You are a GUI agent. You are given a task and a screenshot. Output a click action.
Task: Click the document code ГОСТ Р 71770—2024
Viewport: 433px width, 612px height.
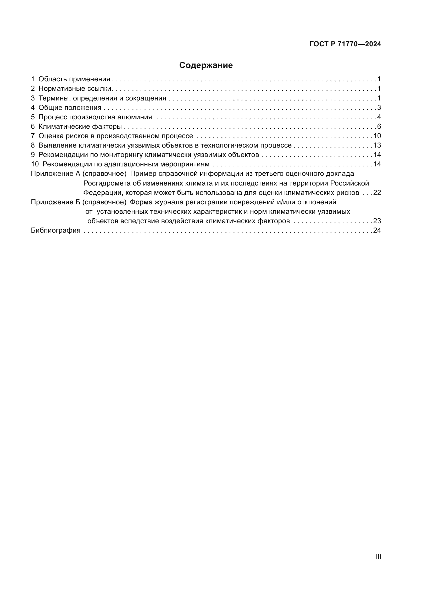(345, 44)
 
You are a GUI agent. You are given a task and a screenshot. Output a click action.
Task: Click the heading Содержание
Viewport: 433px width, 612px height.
(206, 65)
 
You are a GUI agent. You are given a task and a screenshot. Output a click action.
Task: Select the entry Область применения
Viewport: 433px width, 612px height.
(74, 79)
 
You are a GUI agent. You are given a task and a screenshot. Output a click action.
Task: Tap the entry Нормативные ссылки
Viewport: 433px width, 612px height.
(75, 88)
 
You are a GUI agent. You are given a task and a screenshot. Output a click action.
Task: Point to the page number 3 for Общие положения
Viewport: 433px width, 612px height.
(379, 108)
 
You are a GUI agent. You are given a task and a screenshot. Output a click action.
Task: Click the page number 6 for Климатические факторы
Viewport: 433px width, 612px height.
(379, 126)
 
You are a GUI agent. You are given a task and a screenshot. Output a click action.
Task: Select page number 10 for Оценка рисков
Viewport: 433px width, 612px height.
(377, 136)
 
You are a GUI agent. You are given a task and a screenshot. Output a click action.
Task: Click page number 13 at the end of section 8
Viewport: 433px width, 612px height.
(377, 145)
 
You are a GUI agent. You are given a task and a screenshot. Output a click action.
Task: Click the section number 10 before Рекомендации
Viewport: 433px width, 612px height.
(35, 164)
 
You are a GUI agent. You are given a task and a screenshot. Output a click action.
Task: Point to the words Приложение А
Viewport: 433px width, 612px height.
(55, 174)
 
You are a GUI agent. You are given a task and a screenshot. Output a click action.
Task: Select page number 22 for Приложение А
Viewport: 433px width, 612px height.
(377, 193)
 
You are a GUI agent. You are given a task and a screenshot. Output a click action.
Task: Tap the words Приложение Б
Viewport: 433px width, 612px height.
(55, 202)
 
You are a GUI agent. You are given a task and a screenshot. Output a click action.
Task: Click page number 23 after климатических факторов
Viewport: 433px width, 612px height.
(377, 221)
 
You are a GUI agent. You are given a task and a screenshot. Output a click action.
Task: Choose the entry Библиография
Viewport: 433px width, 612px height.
(56, 230)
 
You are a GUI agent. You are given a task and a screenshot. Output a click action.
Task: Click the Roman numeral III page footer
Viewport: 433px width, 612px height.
(378, 557)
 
